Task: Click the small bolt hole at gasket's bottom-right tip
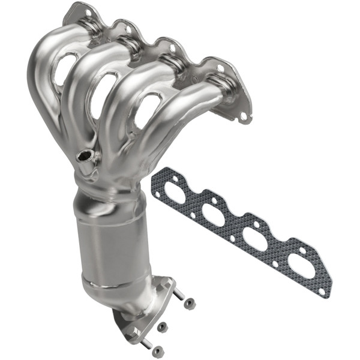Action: point(322,292)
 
